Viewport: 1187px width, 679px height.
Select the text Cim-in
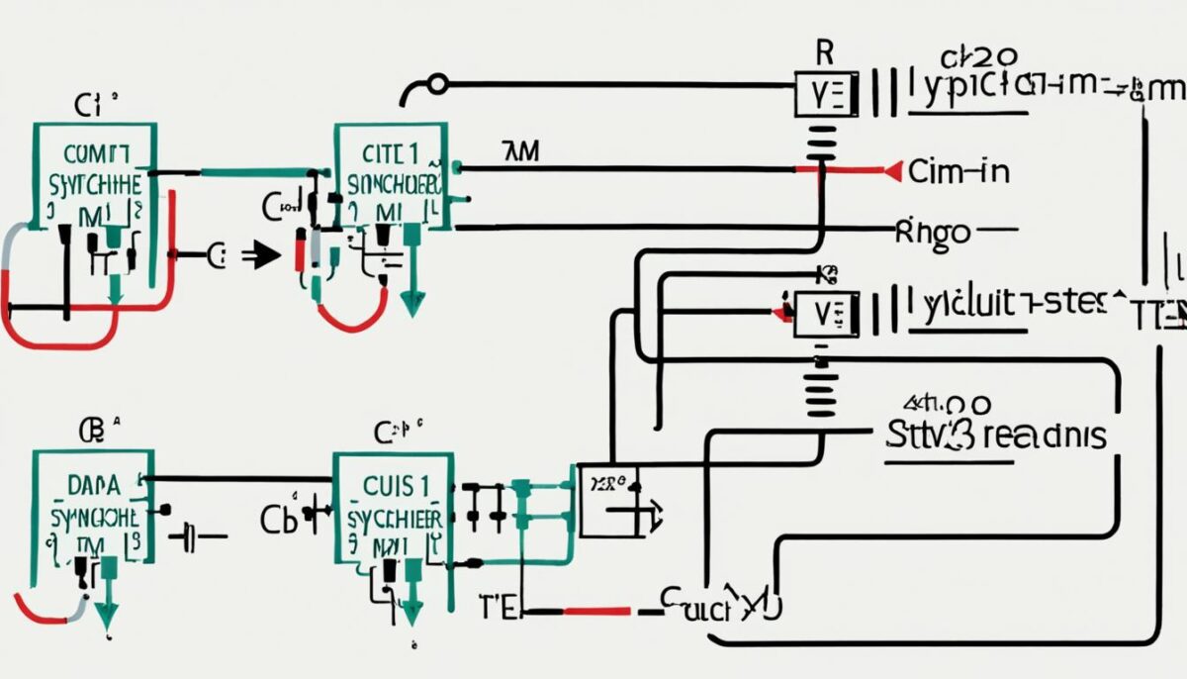click(x=959, y=172)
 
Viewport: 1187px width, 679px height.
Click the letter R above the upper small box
click(x=823, y=52)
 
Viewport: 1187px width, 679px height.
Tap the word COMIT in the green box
click(x=95, y=153)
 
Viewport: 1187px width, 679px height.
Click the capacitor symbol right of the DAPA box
click(x=192, y=538)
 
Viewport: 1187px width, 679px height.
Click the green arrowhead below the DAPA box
click(x=105, y=619)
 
